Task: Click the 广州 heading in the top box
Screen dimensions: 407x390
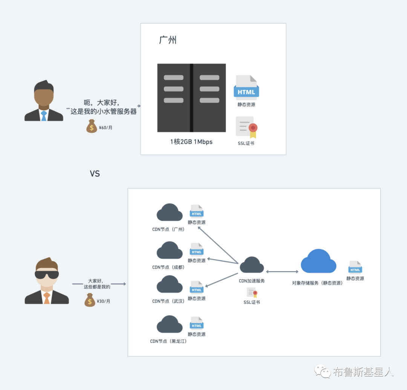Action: [168, 40]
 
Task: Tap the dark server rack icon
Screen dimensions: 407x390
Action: [191, 98]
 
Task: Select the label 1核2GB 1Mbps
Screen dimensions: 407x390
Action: [191, 142]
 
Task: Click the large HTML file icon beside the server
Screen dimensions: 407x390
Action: [246, 87]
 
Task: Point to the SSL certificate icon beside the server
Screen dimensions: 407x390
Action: [246, 127]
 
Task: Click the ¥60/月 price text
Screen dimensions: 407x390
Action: [106, 128]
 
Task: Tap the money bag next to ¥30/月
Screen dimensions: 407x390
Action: [90, 300]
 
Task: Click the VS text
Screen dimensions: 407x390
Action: [95, 174]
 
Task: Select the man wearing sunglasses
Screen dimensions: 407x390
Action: [47, 280]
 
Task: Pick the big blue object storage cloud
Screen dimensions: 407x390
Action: [318, 261]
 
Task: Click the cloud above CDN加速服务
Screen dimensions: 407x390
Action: [252, 265]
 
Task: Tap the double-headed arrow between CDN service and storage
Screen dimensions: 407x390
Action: [282, 271]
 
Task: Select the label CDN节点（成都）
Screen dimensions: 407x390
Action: [168, 267]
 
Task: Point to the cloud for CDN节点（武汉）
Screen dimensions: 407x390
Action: [170, 284]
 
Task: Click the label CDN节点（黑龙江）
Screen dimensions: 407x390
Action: [168, 341]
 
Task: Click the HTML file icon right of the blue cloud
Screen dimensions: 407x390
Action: [355, 267]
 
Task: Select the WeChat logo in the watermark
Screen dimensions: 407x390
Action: [322, 371]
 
